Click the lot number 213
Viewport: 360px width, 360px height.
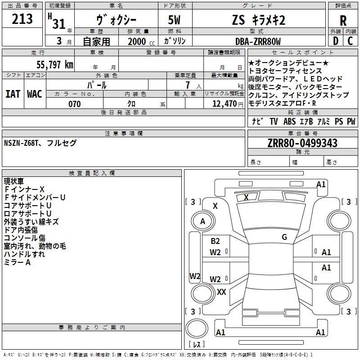[x=22, y=19]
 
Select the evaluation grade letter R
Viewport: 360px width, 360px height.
[x=343, y=21]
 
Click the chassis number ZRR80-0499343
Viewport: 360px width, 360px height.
[x=302, y=143]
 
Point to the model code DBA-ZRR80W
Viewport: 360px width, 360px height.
[x=257, y=42]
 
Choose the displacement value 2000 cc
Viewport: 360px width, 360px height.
[x=138, y=42]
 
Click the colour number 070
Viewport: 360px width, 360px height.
[x=74, y=104]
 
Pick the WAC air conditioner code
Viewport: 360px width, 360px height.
[x=35, y=94]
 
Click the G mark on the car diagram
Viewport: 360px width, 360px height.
[x=284, y=237]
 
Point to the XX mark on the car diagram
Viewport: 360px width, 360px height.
[x=221, y=292]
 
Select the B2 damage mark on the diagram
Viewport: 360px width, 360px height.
[x=216, y=241]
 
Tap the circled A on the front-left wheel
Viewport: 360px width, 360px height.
[x=202, y=221]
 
